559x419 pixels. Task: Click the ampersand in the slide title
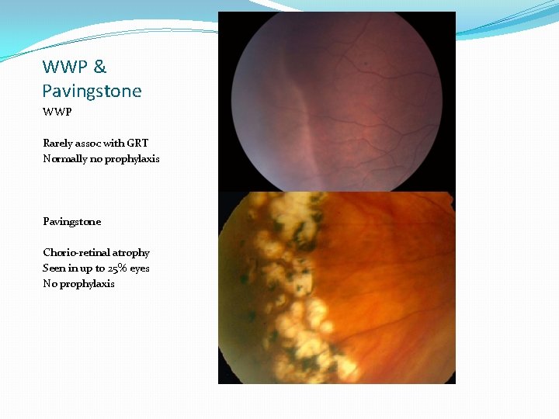coord(99,67)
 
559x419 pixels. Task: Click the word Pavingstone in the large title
coord(92,91)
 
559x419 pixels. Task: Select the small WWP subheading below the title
coord(57,112)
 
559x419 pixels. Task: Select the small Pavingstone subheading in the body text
coord(71,221)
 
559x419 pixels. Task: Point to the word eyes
coord(140,268)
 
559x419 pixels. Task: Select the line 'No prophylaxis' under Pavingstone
coord(78,283)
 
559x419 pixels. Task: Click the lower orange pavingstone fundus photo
coord(336,287)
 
